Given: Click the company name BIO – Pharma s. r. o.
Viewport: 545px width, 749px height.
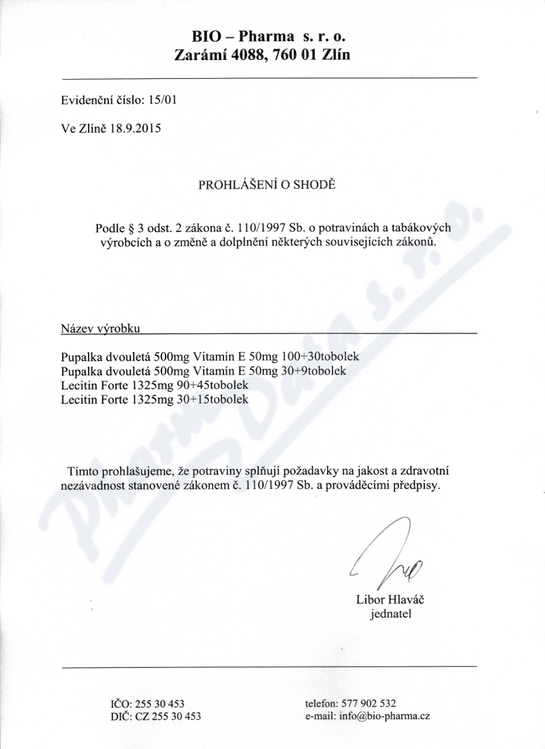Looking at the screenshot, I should point(264,36).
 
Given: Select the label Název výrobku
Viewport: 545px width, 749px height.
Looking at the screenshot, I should point(100,328).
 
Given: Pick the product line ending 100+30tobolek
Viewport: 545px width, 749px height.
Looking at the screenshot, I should point(209,356).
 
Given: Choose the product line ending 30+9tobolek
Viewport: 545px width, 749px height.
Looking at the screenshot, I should point(204,371).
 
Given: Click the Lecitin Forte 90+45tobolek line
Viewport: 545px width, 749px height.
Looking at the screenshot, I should point(155,385).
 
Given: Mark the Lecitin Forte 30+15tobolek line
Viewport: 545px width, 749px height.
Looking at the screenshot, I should point(155,400).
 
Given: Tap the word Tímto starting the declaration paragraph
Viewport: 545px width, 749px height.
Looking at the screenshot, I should point(83,471).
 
